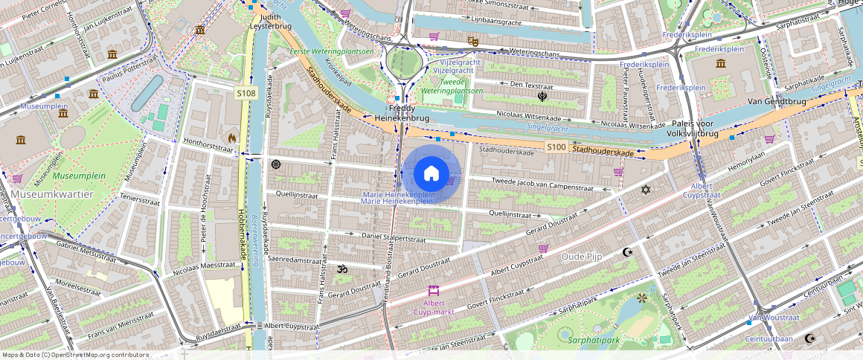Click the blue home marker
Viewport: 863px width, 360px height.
[x=431, y=174]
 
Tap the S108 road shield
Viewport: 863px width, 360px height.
[x=246, y=93]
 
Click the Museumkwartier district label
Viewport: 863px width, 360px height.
[x=52, y=194]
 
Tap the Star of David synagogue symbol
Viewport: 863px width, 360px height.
[x=645, y=190]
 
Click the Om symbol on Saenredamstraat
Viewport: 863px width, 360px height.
[x=342, y=269]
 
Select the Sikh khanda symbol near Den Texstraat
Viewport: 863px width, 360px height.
[x=542, y=96]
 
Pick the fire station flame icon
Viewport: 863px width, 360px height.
[x=231, y=138]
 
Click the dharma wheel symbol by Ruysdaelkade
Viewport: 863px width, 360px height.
[x=276, y=164]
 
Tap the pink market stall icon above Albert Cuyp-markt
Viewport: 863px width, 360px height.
[x=434, y=291]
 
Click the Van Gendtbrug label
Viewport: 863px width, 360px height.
[x=777, y=100]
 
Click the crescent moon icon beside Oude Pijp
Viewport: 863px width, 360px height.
[x=627, y=252]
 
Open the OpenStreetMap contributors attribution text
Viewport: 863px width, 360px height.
[x=76, y=355]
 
